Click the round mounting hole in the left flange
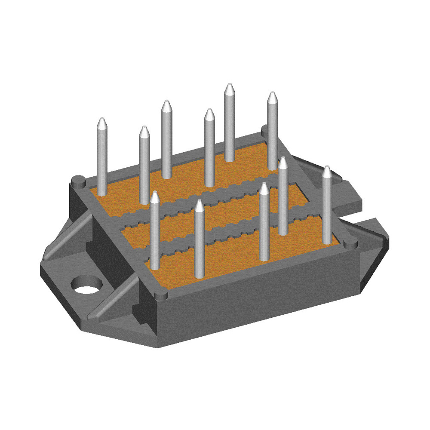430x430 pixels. point(87,284)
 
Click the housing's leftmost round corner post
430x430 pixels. point(78,181)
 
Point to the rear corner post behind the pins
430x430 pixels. point(265,129)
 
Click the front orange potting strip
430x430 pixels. point(232,254)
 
